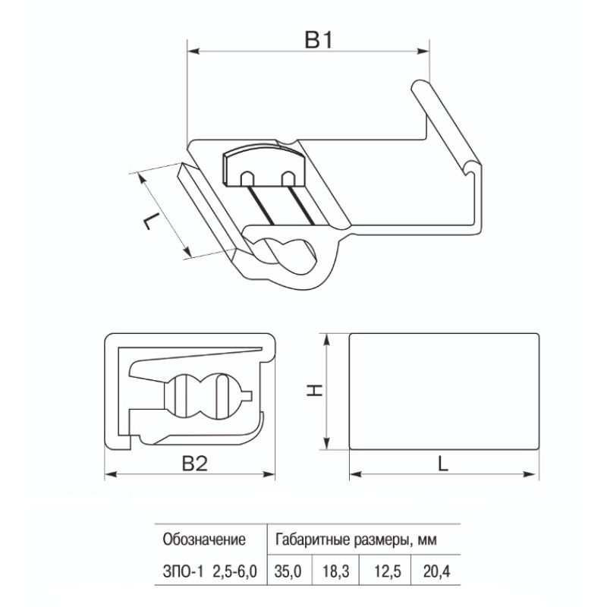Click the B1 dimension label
pyautogui.click(x=319, y=40)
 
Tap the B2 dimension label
pyautogui.click(x=195, y=463)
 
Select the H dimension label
pyautogui.click(x=315, y=390)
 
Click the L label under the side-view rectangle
pyautogui.click(x=443, y=463)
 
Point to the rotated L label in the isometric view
pyautogui.click(x=152, y=221)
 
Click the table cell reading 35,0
pyautogui.click(x=288, y=571)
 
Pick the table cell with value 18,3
pyautogui.click(x=336, y=571)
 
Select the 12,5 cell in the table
pyautogui.click(x=388, y=571)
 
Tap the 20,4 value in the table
pyautogui.click(x=437, y=571)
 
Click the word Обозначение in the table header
pyautogui.click(x=204, y=539)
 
